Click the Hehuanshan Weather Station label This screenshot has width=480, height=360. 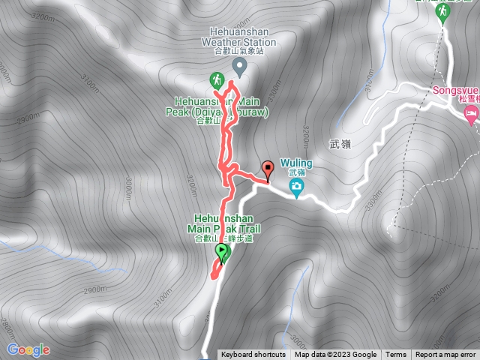pos(239,37)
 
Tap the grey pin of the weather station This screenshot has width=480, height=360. pos(239,67)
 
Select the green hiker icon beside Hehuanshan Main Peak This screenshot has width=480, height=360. pos(216,79)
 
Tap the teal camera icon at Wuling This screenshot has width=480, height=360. pos(297,186)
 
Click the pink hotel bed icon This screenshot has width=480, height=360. pos(472,115)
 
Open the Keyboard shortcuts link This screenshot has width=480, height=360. pos(253,355)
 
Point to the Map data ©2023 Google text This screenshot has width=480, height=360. pos(335,355)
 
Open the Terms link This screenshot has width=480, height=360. pos(396,355)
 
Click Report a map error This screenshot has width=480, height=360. pos(446,355)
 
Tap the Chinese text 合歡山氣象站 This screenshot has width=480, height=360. pos(239,52)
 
